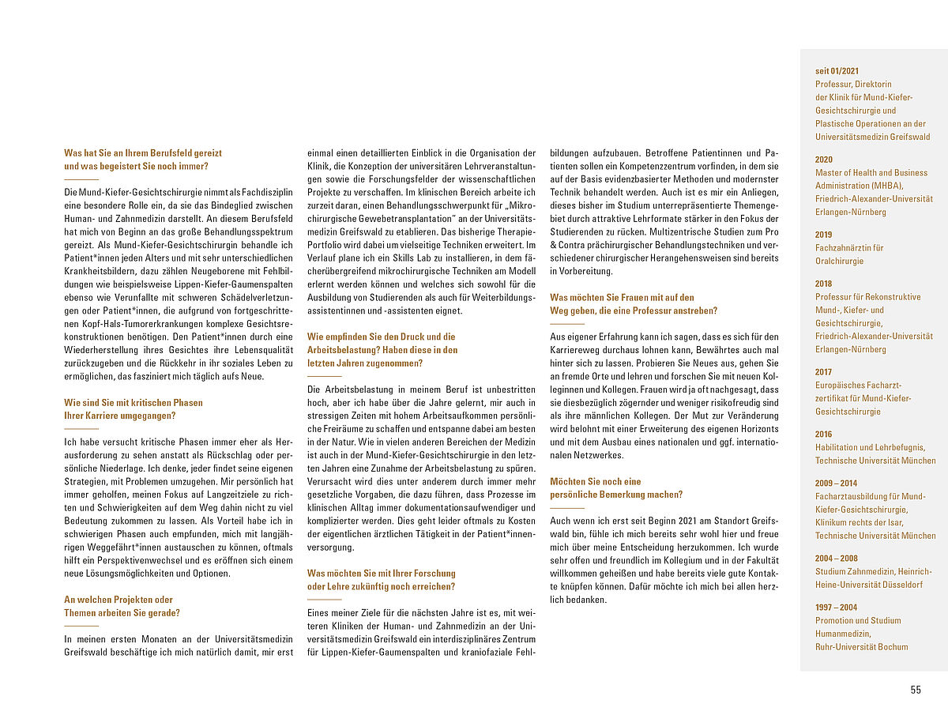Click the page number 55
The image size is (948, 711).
[916, 690]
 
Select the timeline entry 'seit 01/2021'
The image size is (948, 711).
[837, 71]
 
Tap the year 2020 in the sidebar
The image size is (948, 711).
[823, 160]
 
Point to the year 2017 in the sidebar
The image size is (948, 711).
[823, 371]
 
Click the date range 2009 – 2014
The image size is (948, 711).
[836, 483]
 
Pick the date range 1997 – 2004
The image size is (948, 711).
[836, 607]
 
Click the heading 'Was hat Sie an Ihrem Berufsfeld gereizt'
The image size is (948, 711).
[143, 153]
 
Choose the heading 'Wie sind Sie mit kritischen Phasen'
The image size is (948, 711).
[134, 402]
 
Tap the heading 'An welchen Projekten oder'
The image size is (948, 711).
[118, 600]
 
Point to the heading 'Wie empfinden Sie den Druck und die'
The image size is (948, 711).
[381, 337]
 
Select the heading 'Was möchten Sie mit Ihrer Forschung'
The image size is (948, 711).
[381, 574]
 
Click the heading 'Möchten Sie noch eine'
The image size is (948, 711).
[595, 481]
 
